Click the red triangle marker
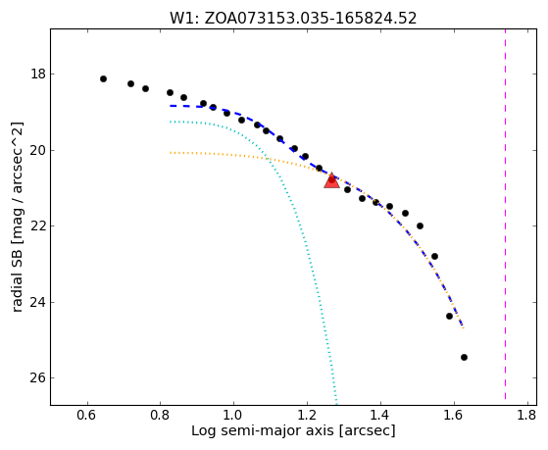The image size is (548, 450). point(331,180)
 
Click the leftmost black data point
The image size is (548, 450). point(103,79)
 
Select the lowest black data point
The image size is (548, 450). point(464,357)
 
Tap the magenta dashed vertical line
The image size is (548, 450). point(506,215)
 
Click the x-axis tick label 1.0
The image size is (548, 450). point(233,416)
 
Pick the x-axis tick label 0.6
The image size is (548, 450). point(86,416)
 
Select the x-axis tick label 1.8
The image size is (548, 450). point(526,416)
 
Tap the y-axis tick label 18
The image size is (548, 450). point(38,75)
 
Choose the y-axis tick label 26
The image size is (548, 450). point(38,378)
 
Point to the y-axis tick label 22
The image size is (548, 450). point(38,225)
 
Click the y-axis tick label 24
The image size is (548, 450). point(38,302)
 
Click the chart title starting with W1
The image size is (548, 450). point(293,19)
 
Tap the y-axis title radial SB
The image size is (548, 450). point(18,217)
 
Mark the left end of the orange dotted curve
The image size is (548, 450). point(171,153)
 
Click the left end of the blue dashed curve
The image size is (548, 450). point(171,106)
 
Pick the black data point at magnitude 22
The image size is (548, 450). point(421,225)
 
